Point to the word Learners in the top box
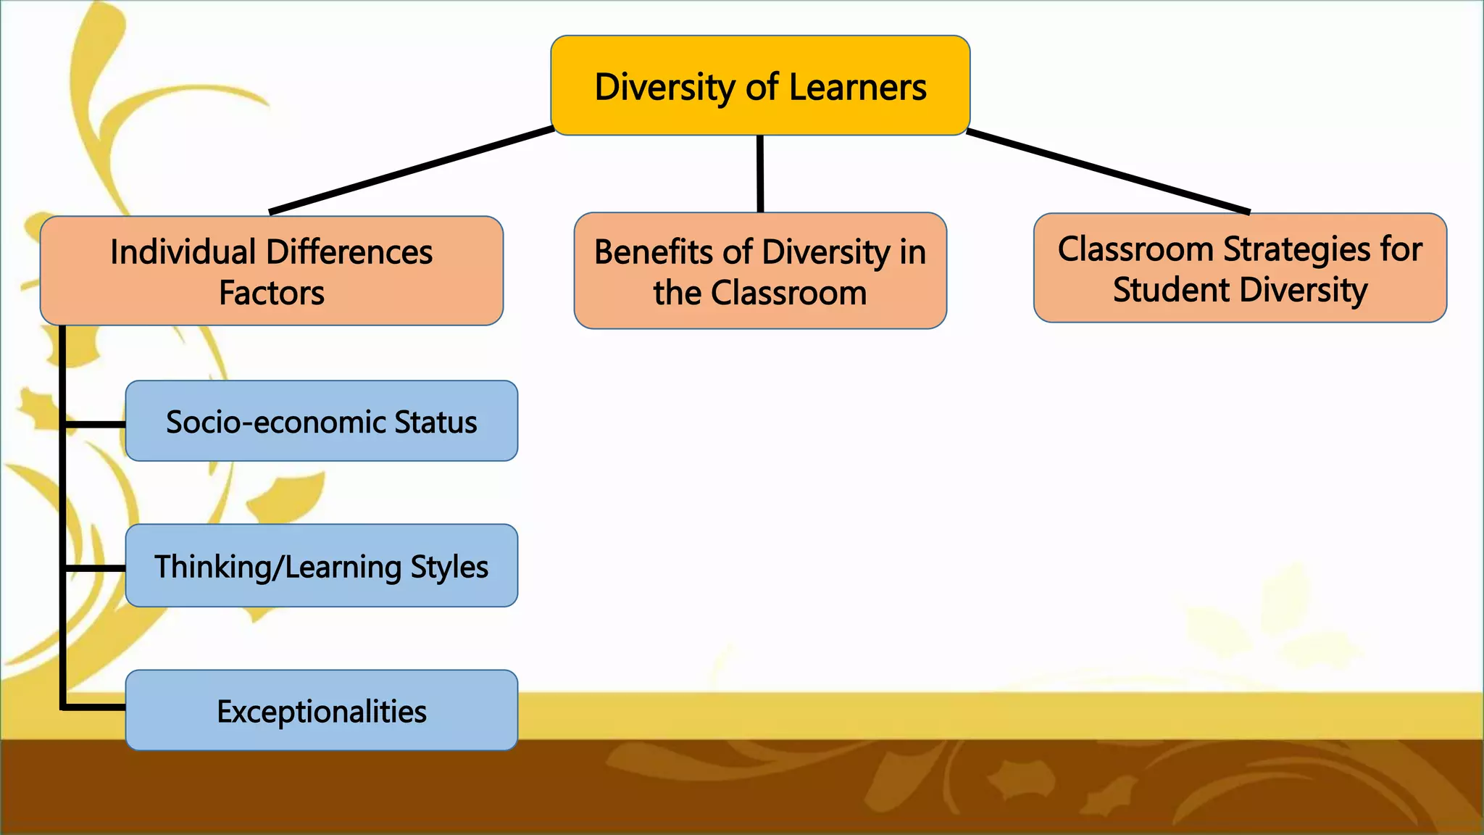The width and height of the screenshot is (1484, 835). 857,87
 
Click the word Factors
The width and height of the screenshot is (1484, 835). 272,294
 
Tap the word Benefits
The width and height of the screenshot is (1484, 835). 654,252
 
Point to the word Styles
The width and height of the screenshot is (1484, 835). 449,568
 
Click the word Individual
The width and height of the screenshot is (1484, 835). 183,252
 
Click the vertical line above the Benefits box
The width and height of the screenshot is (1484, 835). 760,174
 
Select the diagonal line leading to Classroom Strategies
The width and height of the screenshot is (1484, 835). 1109,172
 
